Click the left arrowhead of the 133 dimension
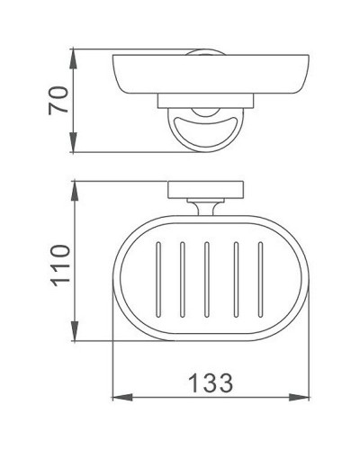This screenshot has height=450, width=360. point(117,397)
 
